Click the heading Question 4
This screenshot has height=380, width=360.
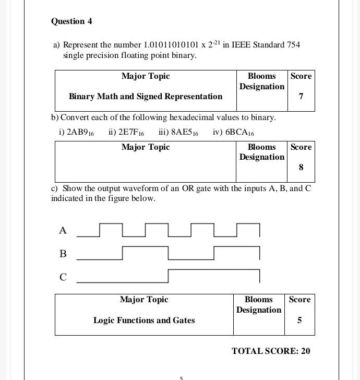coord(71,21)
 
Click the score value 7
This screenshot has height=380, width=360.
coord(301,97)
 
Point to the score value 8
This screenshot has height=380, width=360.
coord(301,168)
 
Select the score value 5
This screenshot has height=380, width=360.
coord(299,320)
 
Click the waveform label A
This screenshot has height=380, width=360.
coord(63,230)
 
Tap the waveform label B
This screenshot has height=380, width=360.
coord(63,254)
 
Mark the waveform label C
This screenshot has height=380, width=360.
coord(63,277)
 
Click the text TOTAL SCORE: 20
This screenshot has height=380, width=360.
coord(271,351)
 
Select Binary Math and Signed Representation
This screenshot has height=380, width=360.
coord(146,97)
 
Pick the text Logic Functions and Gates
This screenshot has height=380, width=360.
coord(144,320)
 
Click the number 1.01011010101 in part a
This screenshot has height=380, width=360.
coord(171,45)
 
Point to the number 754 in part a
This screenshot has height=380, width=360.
coord(293,45)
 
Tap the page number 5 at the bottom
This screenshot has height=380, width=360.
coord(181,377)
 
